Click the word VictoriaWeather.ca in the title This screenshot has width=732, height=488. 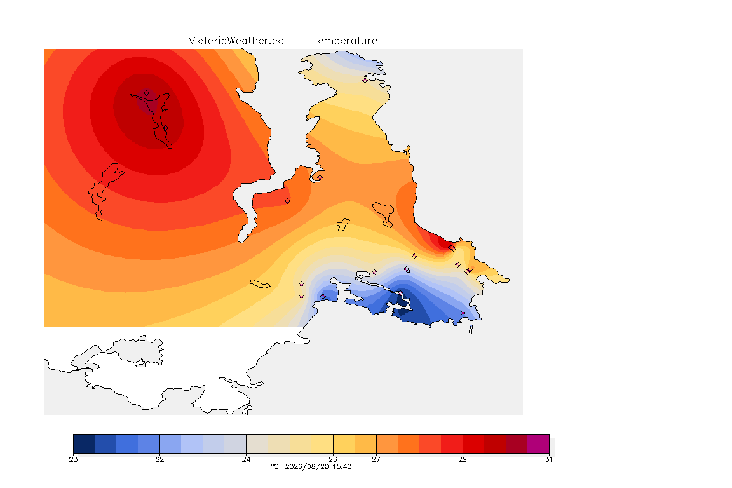(x=236, y=41)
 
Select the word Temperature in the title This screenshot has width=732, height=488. (x=344, y=41)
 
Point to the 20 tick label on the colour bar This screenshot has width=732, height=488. (x=73, y=459)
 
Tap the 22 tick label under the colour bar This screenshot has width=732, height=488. (x=159, y=459)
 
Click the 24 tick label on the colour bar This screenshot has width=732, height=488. (x=246, y=459)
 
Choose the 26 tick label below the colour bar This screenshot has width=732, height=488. (x=333, y=459)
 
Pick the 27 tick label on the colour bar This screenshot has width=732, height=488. (x=376, y=459)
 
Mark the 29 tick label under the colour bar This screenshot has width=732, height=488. (x=462, y=459)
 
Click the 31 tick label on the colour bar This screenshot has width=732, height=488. (x=548, y=459)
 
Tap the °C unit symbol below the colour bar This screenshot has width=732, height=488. (x=274, y=466)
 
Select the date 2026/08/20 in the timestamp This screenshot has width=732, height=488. (x=307, y=466)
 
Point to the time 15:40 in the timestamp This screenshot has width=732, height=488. (x=342, y=466)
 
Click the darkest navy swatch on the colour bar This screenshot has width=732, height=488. (x=84, y=444)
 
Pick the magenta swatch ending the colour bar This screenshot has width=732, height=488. (x=538, y=444)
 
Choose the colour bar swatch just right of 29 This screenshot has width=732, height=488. (x=473, y=444)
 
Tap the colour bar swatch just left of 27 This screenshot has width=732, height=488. (x=365, y=444)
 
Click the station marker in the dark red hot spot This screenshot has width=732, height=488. (x=147, y=93)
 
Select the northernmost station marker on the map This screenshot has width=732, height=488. (x=365, y=80)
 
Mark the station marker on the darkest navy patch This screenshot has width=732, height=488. (x=400, y=294)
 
